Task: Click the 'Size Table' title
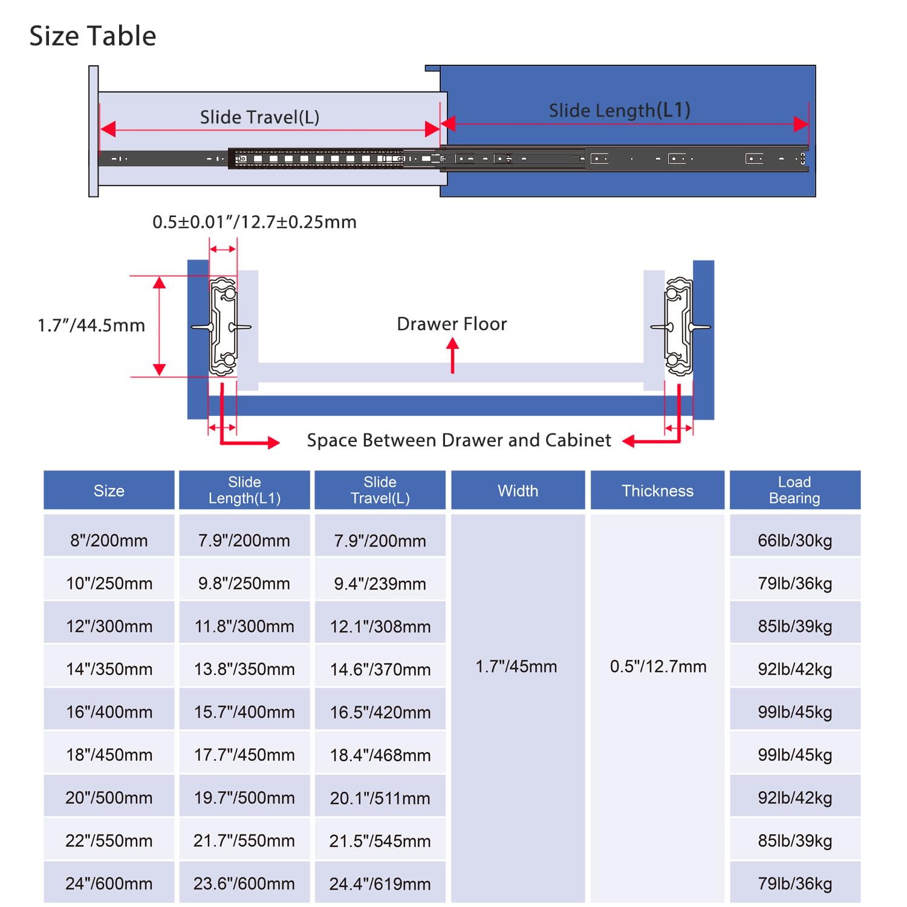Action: (x=93, y=36)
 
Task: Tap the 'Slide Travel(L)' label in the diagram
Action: (x=259, y=117)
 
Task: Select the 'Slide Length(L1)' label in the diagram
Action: (x=619, y=111)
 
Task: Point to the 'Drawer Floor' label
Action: (x=452, y=324)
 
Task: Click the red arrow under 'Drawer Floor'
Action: (x=452, y=356)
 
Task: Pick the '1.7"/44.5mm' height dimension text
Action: (x=91, y=326)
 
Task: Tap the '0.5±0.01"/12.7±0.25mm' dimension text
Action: (x=255, y=222)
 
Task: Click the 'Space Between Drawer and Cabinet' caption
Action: (x=459, y=440)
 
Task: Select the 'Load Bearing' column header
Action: (x=795, y=490)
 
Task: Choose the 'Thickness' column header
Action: (x=657, y=491)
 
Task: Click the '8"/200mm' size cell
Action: (x=109, y=541)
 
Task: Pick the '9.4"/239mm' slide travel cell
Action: (x=380, y=584)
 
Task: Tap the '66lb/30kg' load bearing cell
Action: (x=795, y=541)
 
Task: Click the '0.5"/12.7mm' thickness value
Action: (x=658, y=667)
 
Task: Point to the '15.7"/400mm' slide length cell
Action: (x=244, y=712)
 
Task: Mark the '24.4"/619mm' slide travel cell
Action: (x=380, y=884)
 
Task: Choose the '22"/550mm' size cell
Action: (x=109, y=841)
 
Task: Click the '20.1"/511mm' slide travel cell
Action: (x=380, y=798)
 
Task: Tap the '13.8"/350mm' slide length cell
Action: (x=244, y=669)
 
